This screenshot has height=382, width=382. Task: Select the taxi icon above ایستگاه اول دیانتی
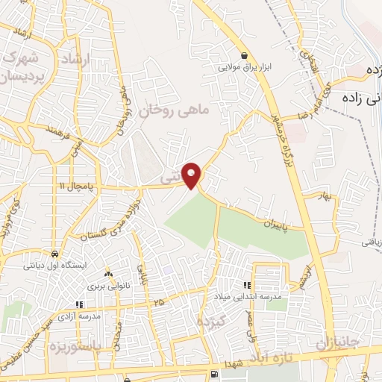click(x=54, y=254)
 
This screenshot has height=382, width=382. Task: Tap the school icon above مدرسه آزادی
click(x=80, y=304)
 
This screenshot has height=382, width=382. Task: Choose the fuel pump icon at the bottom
click(x=215, y=373)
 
